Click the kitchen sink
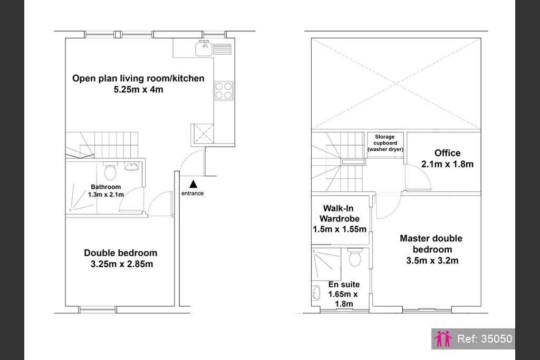coord(204,48)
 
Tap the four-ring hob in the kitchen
coord(224,91)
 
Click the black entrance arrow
coord(193,184)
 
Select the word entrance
coord(192,193)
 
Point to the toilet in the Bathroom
coord(110,171)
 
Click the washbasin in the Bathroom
coord(131,167)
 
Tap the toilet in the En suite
coord(355,257)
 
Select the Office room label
coord(447,153)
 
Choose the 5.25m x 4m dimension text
coord(139,90)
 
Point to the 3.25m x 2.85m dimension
coord(122,264)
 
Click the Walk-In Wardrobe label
coord(339,213)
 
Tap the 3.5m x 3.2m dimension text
coord(432,260)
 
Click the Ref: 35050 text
coord(485,339)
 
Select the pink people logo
coord(443,339)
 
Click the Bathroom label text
coord(105,187)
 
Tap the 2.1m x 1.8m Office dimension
coord(447,164)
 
